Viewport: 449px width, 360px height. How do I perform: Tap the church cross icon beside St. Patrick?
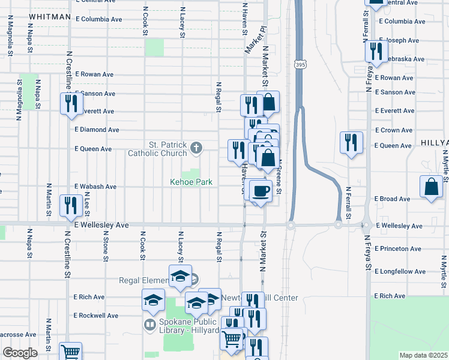(x=196, y=147)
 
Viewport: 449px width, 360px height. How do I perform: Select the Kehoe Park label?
(x=190, y=182)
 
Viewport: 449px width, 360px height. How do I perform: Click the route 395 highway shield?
(x=299, y=64)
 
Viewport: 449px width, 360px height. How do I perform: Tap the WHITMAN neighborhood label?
(x=49, y=17)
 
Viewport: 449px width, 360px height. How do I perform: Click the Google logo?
(x=20, y=352)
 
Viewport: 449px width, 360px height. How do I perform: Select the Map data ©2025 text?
(x=424, y=355)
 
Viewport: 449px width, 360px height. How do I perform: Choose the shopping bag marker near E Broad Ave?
(x=432, y=187)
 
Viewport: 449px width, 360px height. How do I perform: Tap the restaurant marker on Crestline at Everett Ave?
(x=71, y=104)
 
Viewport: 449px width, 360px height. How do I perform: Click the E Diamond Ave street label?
(x=97, y=130)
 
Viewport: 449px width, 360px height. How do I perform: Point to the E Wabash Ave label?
(x=95, y=187)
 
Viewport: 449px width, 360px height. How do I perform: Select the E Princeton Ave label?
(x=398, y=248)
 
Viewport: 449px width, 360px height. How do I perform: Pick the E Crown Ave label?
(x=394, y=130)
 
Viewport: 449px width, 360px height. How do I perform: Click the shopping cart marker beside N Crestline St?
(x=71, y=352)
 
